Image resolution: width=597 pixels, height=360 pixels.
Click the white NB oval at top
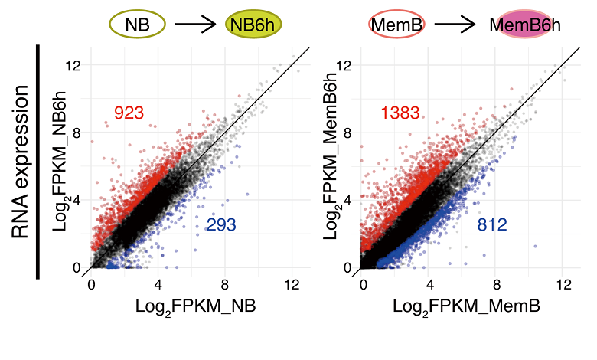click(x=138, y=25)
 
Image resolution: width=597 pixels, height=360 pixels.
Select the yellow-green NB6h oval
click(x=254, y=25)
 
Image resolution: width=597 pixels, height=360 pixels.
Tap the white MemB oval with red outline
click(x=397, y=25)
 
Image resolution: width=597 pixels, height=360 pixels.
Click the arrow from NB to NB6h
click(x=196, y=25)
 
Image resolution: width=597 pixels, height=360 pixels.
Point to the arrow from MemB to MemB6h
click(x=457, y=25)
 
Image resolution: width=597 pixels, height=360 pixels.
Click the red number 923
click(x=129, y=113)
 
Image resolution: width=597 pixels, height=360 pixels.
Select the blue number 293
click(x=221, y=224)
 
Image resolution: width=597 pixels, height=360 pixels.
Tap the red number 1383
click(x=400, y=113)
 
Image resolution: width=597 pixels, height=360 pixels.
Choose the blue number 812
click(x=492, y=224)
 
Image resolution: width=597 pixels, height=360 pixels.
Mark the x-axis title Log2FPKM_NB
click(x=195, y=306)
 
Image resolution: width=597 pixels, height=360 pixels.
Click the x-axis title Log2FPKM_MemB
click(x=467, y=306)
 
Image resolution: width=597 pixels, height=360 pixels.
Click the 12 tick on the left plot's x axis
click(x=291, y=285)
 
